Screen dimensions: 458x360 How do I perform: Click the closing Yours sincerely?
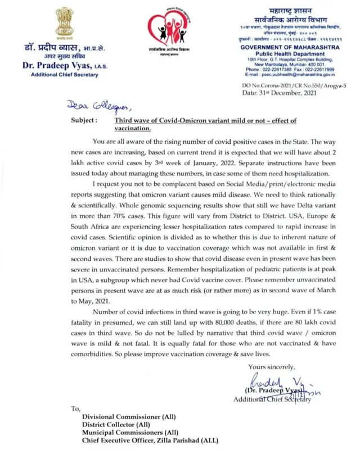(x=272, y=367)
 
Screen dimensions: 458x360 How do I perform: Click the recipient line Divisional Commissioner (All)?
(x=129, y=416)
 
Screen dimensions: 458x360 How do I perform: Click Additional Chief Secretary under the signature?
(x=272, y=399)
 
